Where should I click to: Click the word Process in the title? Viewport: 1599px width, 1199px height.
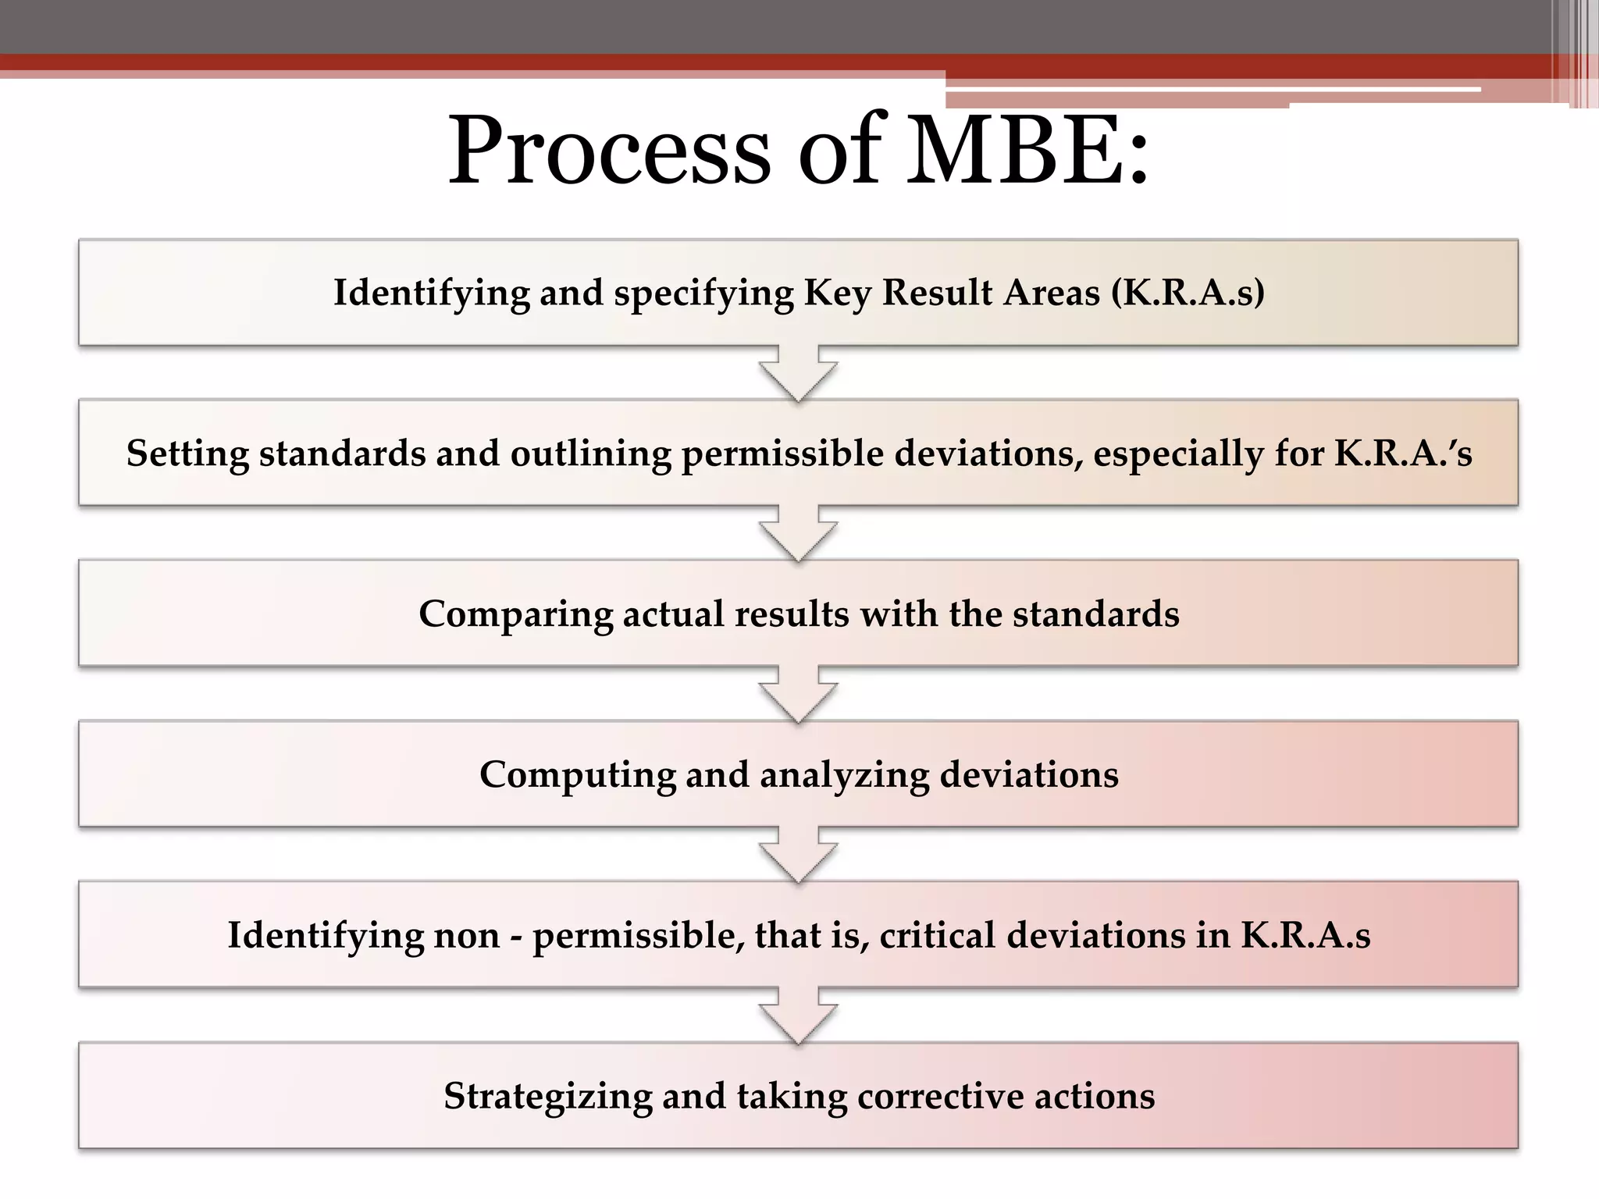pyautogui.click(x=609, y=150)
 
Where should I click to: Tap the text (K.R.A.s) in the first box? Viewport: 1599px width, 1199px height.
pyautogui.click(x=1188, y=293)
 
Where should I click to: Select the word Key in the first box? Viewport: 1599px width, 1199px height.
pyautogui.click(x=838, y=293)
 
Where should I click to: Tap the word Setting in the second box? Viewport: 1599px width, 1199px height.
pyautogui.click(x=187, y=454)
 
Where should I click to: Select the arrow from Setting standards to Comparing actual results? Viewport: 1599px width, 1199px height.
pyautogui.click(x=798, y=535)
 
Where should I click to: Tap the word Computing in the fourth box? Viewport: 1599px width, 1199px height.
pyautogui.click(x=577, y=775)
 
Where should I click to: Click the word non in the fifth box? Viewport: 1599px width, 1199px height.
pyautogui.click(x=467, y=935)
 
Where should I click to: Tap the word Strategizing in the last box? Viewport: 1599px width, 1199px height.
pyautogui.click(x=547, y=1097)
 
